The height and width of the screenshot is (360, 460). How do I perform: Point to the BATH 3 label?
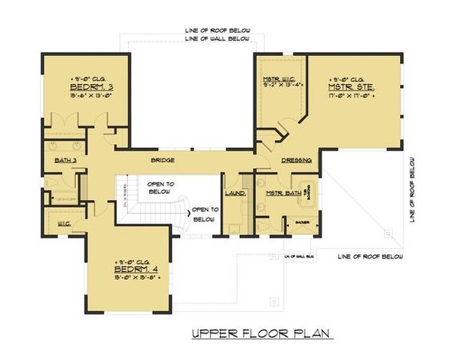pos(66,161)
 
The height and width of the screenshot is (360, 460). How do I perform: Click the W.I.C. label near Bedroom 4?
pos(64,223)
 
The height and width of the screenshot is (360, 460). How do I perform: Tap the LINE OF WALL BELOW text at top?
pos(217,39)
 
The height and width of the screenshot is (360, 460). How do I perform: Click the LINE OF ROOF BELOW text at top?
pos(217,30)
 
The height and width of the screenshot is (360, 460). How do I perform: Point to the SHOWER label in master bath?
pos(302,222)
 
